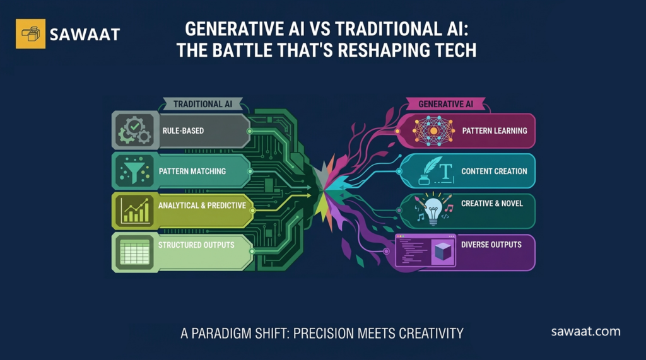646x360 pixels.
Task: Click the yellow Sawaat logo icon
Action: click(30, 33)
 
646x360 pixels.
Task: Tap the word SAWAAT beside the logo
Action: click(85, 34)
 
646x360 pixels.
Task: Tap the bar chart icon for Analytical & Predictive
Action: click(135, 211)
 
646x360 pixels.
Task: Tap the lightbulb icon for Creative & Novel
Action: click(433, 211)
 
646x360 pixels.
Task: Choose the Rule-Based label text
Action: click(183, 131)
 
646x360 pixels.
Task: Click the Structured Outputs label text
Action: click(196, 245)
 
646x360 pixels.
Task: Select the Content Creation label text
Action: click(494, 171)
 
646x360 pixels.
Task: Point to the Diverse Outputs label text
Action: click(491, 244)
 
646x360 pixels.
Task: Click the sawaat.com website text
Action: click(585, 331)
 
